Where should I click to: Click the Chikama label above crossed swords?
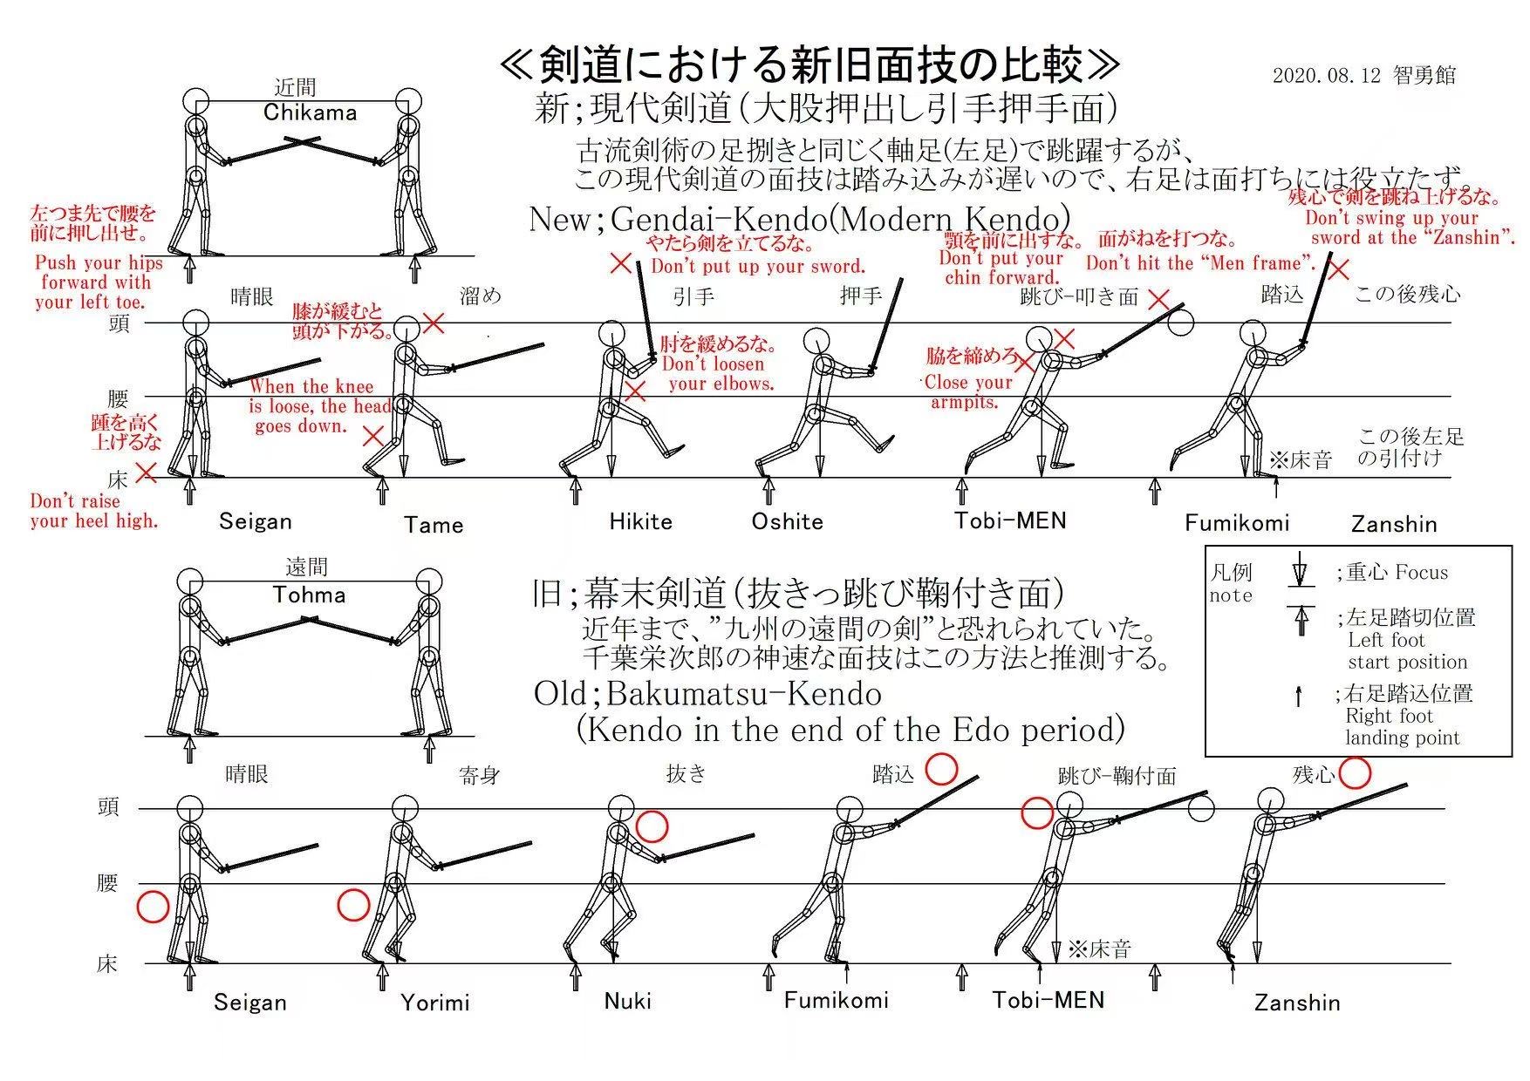tap(310, 112)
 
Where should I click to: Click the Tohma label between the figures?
tap(309, 595)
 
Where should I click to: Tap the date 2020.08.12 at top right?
tap(1326, 76)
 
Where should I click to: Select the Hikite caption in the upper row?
tap(640, 522)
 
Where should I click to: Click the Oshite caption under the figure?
tap(787, 522)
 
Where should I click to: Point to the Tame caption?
tap(434, 525)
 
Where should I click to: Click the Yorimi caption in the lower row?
tap(435, 1003)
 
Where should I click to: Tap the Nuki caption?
tap(628, 1001)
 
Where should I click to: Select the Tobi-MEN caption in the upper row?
tap(1010, 521)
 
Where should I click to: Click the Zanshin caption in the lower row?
tap(1296, 1003)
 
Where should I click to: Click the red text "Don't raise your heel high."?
tap(93, 512)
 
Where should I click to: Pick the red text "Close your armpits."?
tap(967, 392)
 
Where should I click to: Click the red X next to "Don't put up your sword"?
tap(620, 262)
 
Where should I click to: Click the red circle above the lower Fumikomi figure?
tap(941, 770)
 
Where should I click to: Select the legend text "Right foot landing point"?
tap(1401, 727)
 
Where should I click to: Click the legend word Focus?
tap(1421, 573)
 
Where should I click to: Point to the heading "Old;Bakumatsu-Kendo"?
tap(707, 694)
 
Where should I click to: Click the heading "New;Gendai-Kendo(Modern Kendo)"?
tap(798, 219)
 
